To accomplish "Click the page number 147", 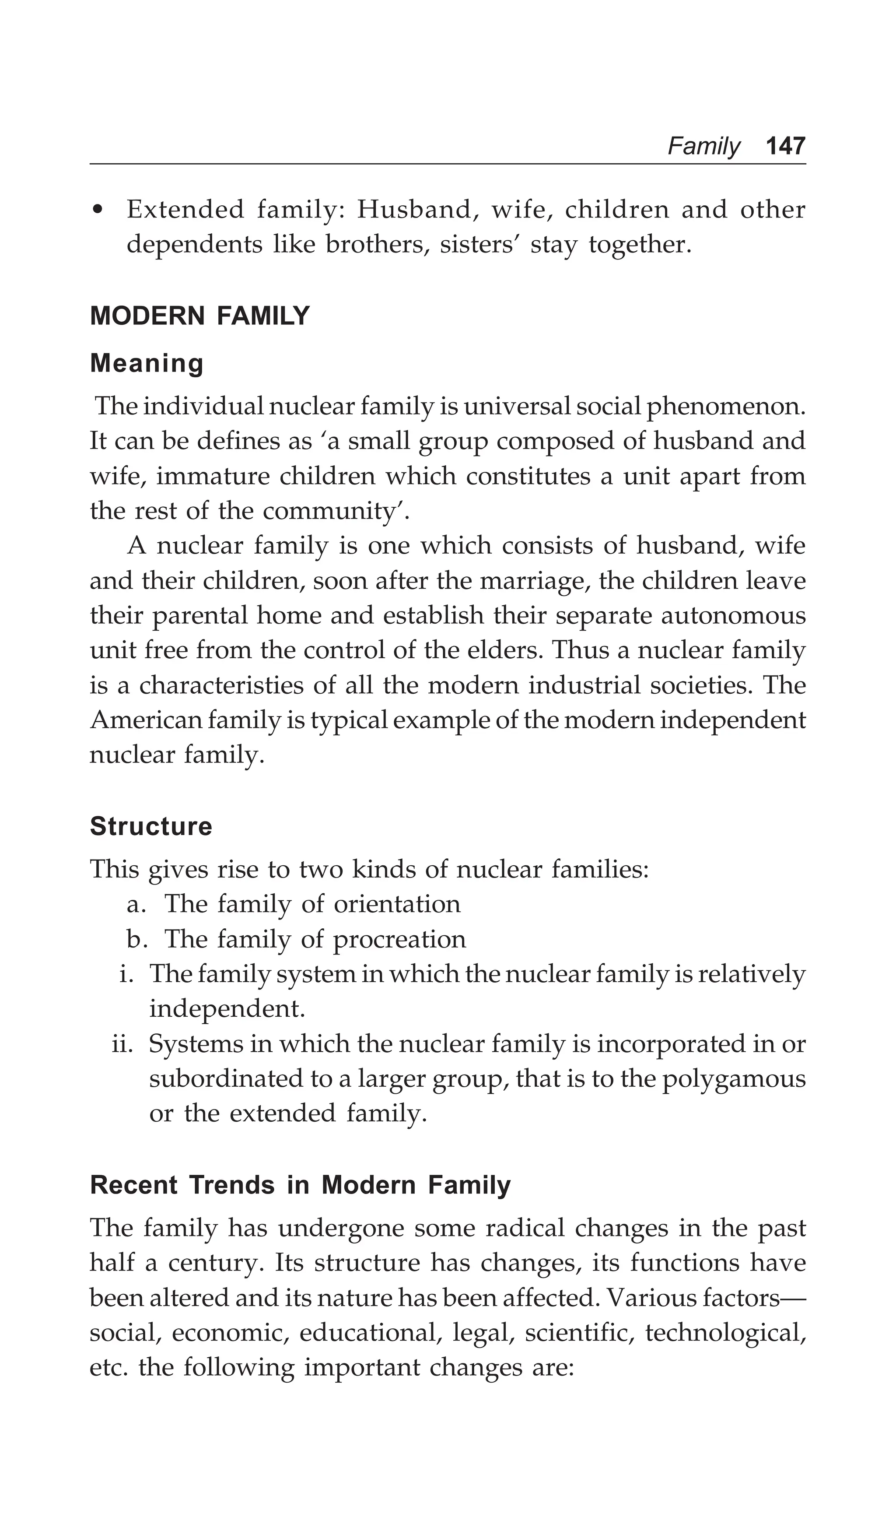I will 785,146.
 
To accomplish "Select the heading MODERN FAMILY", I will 199,316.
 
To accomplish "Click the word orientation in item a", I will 397,904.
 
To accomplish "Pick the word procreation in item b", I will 399,939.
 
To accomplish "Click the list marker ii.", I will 122,1044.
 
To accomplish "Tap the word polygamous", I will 734,1079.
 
